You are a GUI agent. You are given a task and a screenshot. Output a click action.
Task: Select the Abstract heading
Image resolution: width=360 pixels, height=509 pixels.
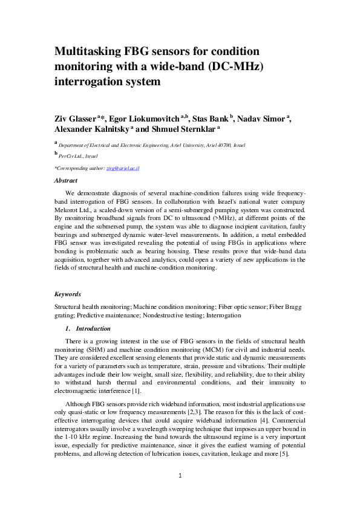click(x=66, y=180)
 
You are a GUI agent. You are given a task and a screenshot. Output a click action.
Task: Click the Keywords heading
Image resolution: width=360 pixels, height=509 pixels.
click(x=68, y=294)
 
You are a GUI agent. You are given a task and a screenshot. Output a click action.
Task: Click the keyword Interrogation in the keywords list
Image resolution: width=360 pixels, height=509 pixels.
click(x=224, y=315)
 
